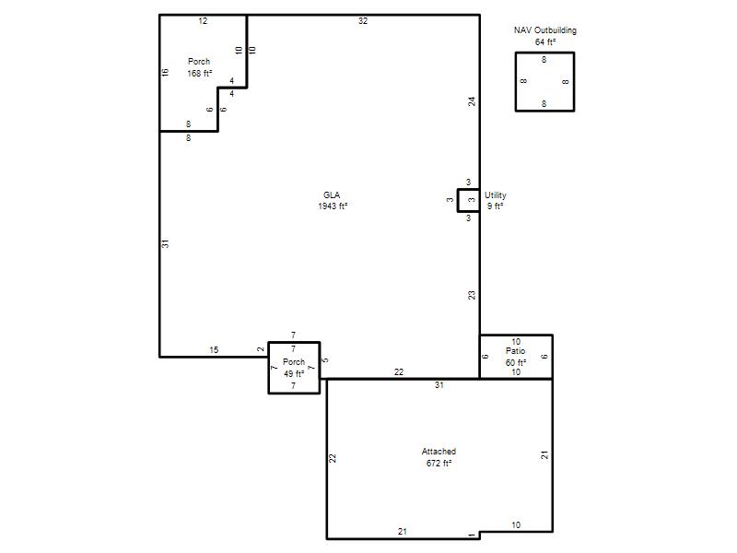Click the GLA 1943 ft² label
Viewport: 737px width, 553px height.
333,200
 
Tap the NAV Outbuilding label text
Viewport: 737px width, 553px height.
544,30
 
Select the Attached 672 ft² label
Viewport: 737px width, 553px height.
439,457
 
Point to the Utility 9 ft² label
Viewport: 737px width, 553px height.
496,200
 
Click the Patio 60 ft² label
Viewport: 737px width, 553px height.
516,357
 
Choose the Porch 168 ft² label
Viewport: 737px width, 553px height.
199,67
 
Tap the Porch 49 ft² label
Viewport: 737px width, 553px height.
294,368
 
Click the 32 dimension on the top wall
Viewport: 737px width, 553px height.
363,20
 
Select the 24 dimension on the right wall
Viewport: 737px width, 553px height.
472,101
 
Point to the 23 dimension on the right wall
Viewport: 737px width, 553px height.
472,295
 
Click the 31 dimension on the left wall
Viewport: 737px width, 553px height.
165,243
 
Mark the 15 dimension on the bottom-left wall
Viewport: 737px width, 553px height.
214,350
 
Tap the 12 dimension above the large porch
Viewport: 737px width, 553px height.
203,20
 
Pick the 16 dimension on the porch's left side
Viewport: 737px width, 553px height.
165,73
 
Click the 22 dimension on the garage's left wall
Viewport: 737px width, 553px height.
333,458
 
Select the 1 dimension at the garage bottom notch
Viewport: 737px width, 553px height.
472,535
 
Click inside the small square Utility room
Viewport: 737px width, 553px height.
469,201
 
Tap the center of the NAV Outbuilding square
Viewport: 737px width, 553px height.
544,82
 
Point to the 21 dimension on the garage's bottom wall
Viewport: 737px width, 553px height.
403,532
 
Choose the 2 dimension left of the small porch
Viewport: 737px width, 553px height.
261,349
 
